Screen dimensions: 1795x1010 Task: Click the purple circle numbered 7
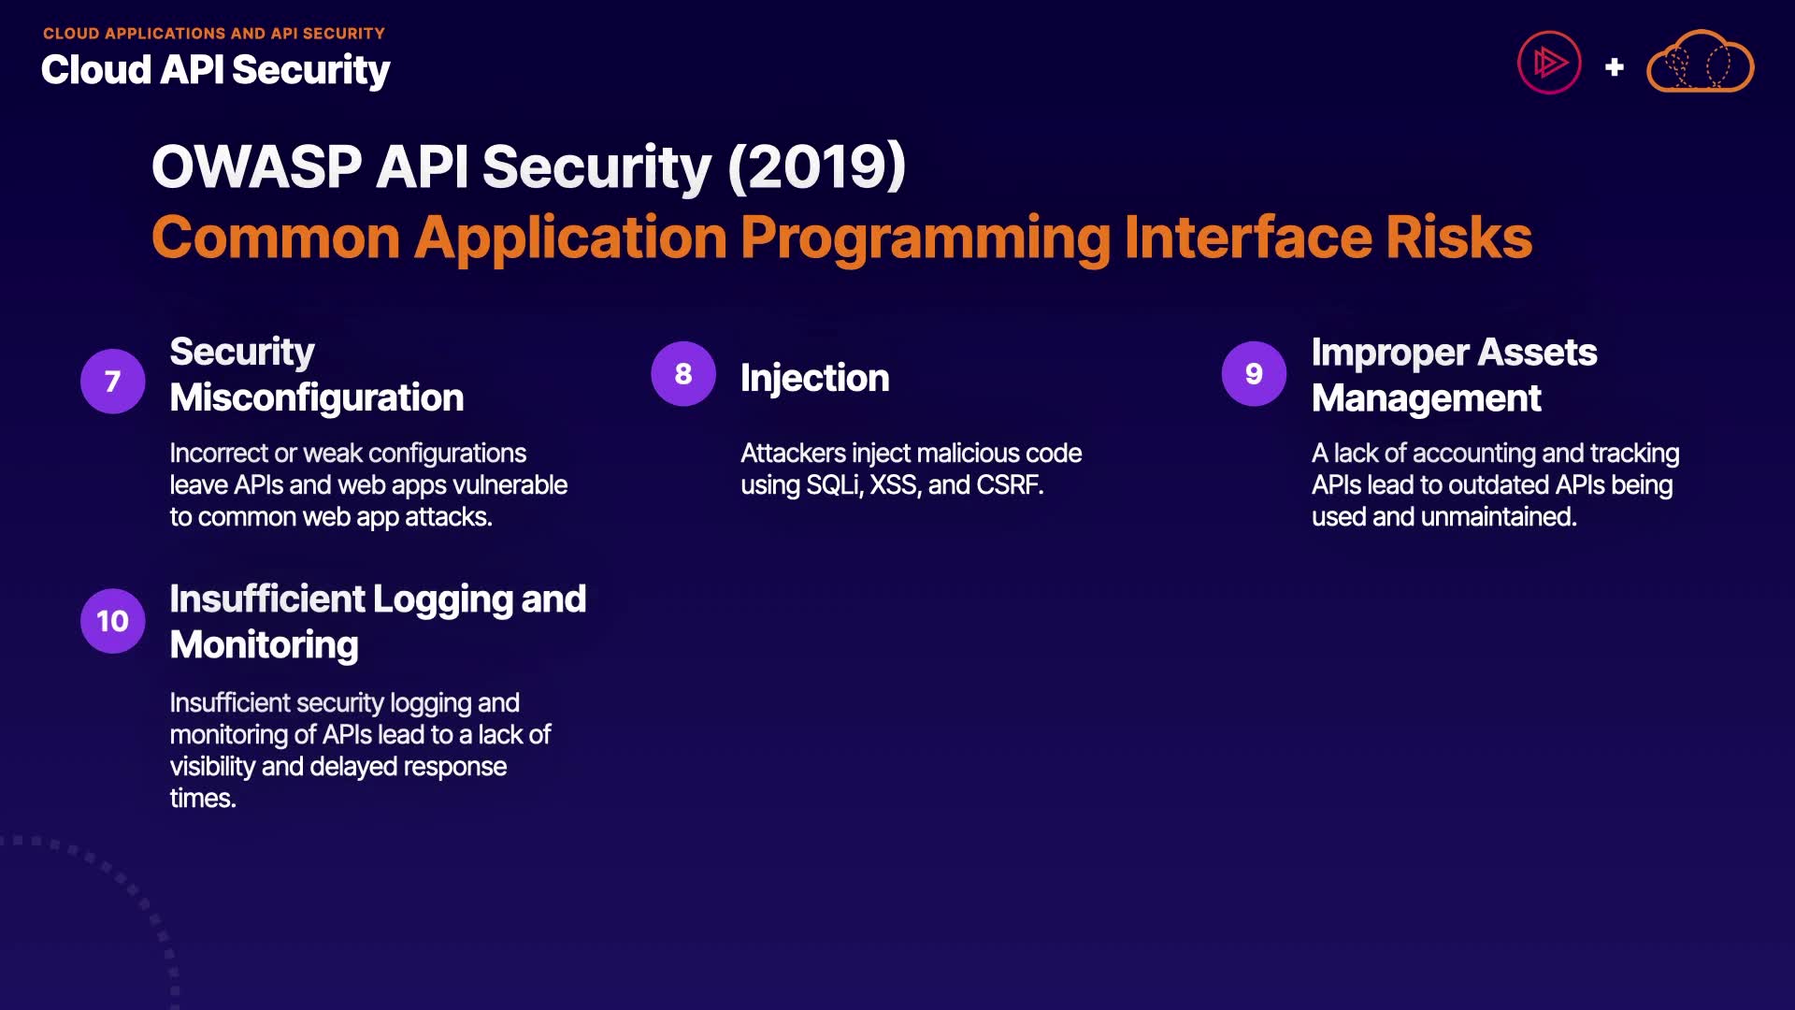click(113, 381)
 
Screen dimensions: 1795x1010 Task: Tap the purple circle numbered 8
click(683, 373)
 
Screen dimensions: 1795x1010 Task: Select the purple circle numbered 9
click(1254, 373)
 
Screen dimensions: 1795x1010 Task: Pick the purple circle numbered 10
click(113, 621)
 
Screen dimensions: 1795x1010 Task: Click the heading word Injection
click(814, 379)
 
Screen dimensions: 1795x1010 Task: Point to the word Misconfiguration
click(317, 397)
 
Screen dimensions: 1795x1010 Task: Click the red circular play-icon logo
click(1549, 63)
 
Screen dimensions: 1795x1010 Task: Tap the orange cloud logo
click(1700, 62)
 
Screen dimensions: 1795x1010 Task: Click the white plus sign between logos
click(1614, 67)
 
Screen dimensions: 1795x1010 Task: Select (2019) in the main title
click(816, 167)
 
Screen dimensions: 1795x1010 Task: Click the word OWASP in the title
click(257, 167)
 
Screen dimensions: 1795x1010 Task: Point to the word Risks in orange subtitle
click(1458, 238)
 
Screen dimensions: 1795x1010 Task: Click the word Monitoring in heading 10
click(265, 645)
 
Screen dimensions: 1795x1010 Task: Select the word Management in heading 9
click(1426, 398)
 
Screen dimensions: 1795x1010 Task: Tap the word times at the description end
click(203, 799)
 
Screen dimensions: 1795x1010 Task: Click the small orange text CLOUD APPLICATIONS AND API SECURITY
click(214, 34)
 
